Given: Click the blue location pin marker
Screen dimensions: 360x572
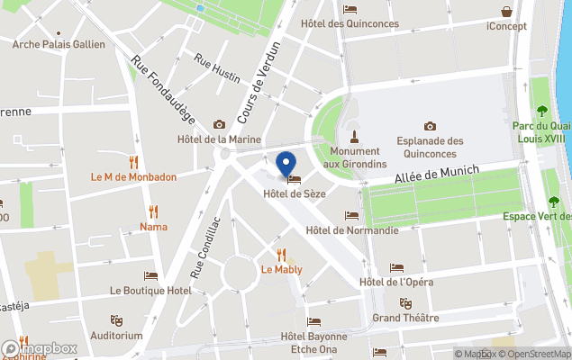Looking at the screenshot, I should tap(286, 165).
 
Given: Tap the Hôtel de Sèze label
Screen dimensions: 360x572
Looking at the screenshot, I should tap(294, 193).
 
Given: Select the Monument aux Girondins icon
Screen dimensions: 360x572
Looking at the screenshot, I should tap(355, 138).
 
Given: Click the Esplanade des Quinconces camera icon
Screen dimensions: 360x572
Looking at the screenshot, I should tap(430, 126).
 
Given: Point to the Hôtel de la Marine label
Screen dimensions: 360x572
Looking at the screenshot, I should tap(219, 139).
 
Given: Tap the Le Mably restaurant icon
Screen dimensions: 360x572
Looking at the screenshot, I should tap(281, 254).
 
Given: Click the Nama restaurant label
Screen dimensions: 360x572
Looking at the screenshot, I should tap(153, 227).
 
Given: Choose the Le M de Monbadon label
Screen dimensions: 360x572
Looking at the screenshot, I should tap(134, 176).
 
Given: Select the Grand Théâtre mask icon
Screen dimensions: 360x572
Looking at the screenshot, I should tap(405, 303).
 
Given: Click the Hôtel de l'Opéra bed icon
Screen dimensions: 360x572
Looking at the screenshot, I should tap(396, 268).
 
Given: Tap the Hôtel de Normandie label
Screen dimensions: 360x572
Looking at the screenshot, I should tap(351, 230).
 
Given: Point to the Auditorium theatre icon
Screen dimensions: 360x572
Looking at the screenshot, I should tap(116, 320).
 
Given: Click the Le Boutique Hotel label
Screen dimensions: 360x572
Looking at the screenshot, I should tap(150, 291).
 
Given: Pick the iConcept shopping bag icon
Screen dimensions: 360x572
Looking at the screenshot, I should tap(507, 13).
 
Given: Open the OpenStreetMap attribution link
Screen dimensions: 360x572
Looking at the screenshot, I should tap(539, 354).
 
